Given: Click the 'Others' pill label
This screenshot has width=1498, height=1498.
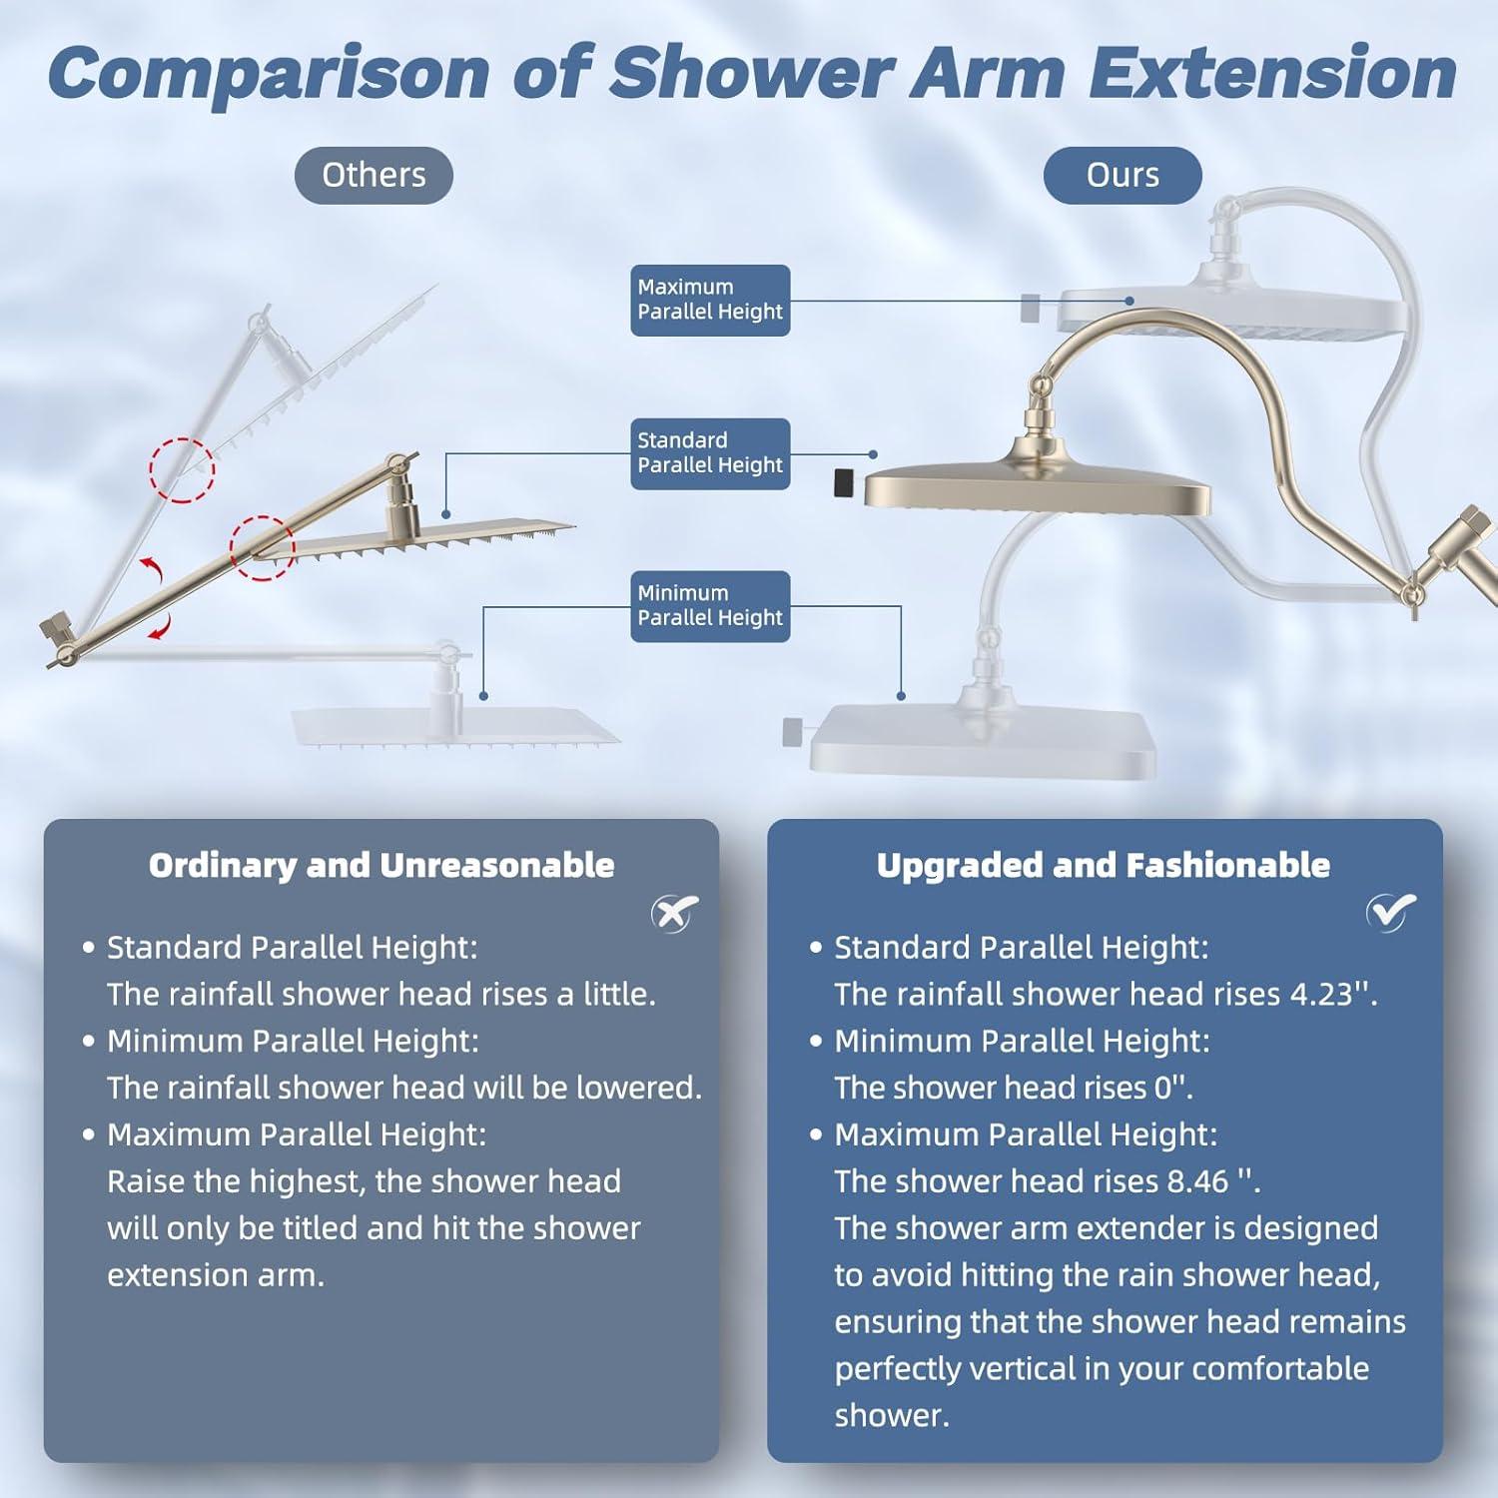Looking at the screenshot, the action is (374, 175).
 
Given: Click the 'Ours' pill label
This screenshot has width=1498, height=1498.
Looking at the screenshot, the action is (1123, 175).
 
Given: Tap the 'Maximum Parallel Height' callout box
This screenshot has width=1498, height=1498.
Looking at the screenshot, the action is (710, 300).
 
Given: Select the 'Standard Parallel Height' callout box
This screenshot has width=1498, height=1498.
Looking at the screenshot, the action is (710, 453).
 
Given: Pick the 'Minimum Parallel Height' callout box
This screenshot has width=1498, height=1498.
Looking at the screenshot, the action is (710, 606).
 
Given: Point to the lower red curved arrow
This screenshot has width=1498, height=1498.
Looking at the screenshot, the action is (162, 627).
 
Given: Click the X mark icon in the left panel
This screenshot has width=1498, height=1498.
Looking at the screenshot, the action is (675, 912).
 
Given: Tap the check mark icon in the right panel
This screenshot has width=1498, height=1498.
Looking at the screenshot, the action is (1391, 911).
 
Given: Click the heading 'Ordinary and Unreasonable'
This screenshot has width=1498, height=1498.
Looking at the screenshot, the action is (381, 865).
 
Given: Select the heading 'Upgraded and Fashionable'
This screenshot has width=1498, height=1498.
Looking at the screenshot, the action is (1104, 865).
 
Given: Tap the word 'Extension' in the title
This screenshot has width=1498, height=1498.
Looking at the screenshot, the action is (1272, 73).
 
